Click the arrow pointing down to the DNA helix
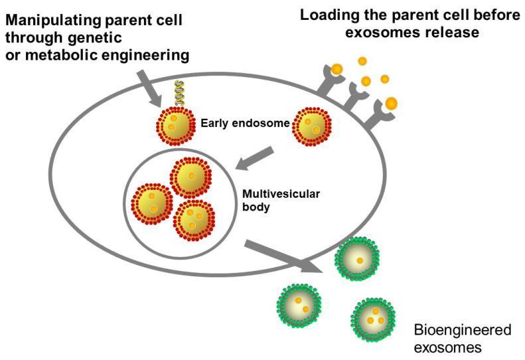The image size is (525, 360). tap(151, 87)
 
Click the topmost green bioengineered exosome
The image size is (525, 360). tap(358, 260)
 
